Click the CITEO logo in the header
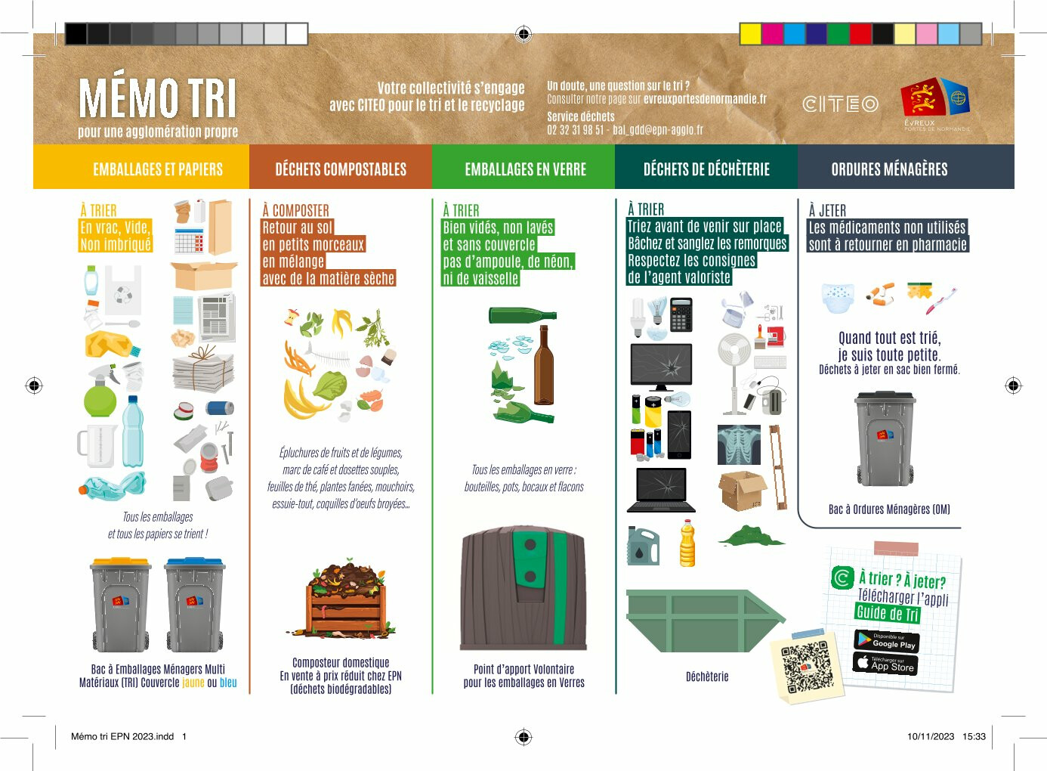coord(841,104)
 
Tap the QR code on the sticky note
coord(808,667)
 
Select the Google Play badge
coord(887,640)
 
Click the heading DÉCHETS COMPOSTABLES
coord(341,169)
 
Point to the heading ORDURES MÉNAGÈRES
coord(889,169)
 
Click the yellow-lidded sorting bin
coord(121,604)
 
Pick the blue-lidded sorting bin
coord(194,604)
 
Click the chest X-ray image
coord(739,444)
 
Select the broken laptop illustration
coord(661,489)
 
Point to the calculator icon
coord(681,314)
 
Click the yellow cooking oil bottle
coord(687,543)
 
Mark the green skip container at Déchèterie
coord(706,621)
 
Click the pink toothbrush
coord(941,301)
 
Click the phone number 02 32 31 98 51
coord(576,129)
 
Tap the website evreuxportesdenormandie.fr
coord(705,99)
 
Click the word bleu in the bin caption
coord(228,683)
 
